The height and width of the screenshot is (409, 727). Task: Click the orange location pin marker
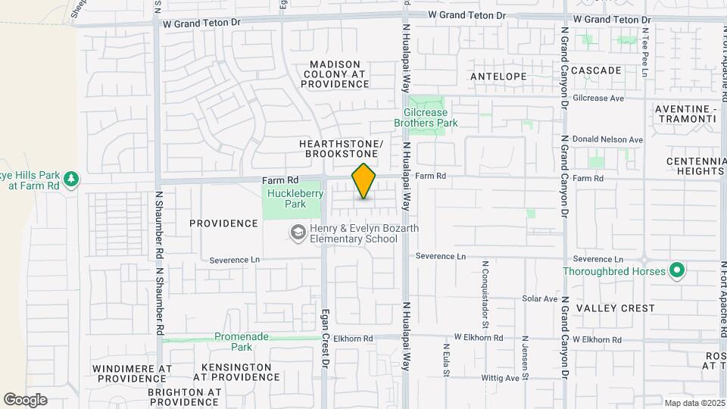pos(364,182)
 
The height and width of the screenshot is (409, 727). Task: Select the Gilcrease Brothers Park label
pos(426,117)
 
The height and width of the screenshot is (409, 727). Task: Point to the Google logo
pos(25,399)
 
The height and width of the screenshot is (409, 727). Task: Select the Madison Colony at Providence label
pos(335,74)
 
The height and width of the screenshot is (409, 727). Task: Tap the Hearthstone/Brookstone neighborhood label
pos(341,148)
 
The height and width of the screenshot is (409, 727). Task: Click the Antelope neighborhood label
pos(498,76)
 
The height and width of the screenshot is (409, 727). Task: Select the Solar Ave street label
pos(539,298)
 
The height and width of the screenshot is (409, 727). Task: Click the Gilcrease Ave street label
pos(598,98)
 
